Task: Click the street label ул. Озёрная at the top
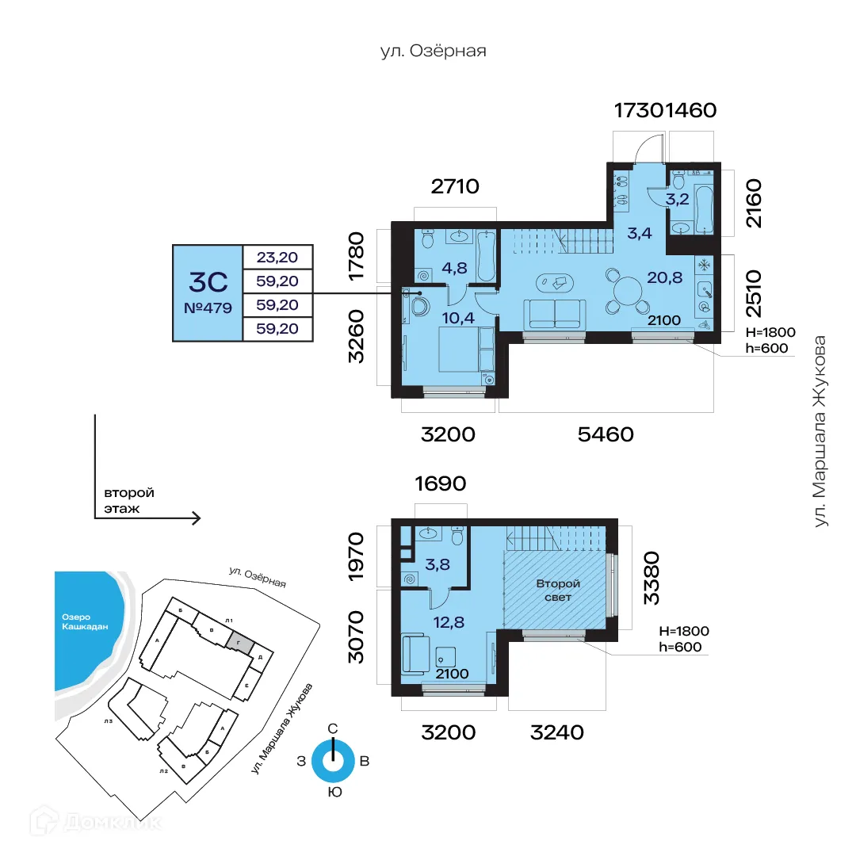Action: (432, 52)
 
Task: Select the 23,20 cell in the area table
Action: (277, 257)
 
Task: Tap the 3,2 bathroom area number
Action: (676, 199)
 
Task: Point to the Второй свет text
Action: (558, 590)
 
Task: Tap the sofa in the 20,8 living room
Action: (554, 314)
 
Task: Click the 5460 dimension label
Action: (606, 434)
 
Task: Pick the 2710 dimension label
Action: (457, 188)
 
